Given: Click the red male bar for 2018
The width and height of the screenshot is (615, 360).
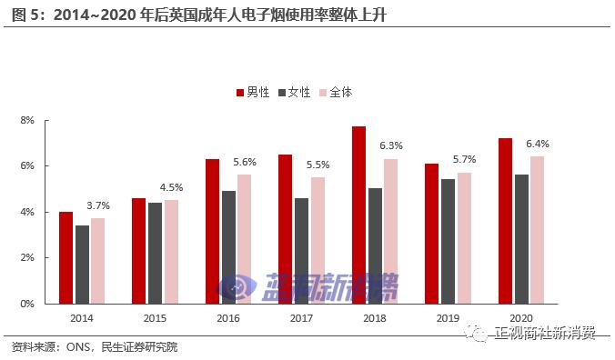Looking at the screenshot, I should (358, 215).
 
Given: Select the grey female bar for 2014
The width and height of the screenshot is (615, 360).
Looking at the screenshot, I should (82, 265).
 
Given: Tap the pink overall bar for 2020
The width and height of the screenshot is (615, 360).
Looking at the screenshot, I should (537, 230).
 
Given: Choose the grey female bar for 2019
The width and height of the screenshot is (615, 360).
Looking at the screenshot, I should (448, 241).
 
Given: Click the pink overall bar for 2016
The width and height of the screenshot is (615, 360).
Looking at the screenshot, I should (244, 239).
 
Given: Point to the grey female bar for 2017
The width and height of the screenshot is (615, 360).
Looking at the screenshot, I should (301, 251).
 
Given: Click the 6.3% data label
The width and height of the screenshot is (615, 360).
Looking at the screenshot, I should (390, 145).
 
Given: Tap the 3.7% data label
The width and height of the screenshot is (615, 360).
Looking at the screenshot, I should (98, 205).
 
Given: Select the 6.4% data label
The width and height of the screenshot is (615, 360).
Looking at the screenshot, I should (537, 144).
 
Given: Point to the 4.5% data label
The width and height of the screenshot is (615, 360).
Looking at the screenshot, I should (171, 187).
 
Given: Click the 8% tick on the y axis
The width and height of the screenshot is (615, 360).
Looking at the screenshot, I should (27, 120).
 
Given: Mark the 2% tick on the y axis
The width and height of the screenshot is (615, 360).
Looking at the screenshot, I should (27, 258).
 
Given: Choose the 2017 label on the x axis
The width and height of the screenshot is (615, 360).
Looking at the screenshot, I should (300, 318).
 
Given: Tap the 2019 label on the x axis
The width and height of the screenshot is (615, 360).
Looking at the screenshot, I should (448, 318).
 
